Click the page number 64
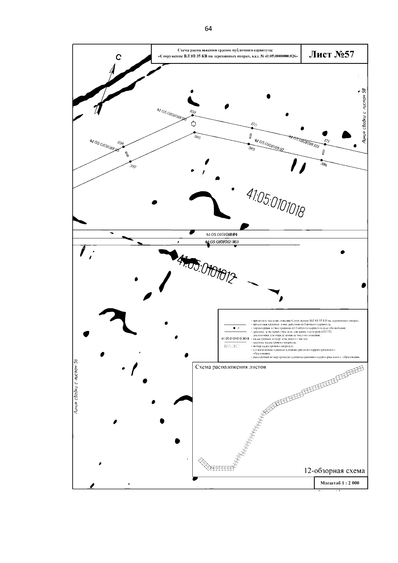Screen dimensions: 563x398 pos(208,29)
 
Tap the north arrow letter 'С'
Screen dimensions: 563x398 pos(118,58)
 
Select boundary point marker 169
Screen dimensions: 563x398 pos(193,116)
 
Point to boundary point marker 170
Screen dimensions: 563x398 pos(252,128)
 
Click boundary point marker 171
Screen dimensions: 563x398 pos(325,144)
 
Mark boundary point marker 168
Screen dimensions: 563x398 pos(123,147)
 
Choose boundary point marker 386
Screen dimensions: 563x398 pos(195,133)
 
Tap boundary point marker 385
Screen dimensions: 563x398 pos(249,144)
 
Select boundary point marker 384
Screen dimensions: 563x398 pos(321,160)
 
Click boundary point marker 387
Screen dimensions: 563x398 pos(130,162)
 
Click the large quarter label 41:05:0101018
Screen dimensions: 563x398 pos(275,203)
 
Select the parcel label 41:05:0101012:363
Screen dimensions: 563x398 pos(222,242)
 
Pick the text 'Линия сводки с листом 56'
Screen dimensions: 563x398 pos(76,387)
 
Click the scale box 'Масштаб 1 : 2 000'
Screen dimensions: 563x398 pos(340,483)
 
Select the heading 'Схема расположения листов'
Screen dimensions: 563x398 pos(231,367)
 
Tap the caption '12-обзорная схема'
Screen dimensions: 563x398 pos(334,471)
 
